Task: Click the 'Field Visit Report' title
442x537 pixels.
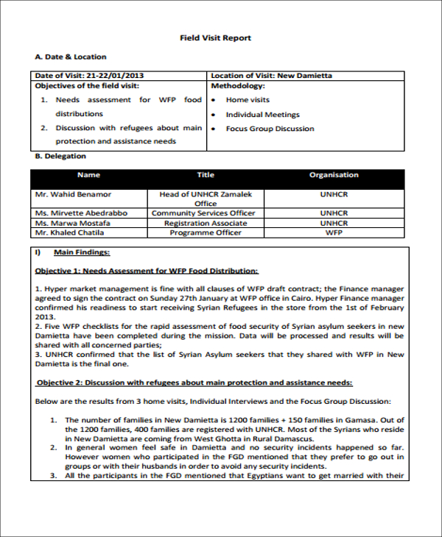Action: pyautogui.click(x=216, y=38)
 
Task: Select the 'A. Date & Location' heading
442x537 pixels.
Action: pyautogui.click(x=71, y=57)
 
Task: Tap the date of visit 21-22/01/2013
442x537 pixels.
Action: pyautogui.click(x=89, y=76)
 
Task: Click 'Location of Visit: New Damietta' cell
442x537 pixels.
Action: pyautogui.click(x=271, y=76)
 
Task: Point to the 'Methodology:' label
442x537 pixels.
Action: pyautogui.click(x=237, y=85)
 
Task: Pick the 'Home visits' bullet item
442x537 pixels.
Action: pyautogui.click(x=248, y=100)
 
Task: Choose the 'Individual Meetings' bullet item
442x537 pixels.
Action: pyautogui.click(x=262, y=115)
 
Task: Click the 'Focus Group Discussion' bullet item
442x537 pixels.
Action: pyautogui.click(x=270, y=129)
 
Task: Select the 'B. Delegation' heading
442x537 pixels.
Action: pyautogui.click(x=60, y=156)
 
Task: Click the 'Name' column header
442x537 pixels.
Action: pyautogui.click(x=88, y=175)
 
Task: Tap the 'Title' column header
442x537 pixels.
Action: pyautogui.click(x=206, y=175)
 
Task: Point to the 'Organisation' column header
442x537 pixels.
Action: pyautogui.click(x=334, y=175)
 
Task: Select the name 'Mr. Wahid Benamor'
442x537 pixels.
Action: pyautogui.click(x=73, y=194)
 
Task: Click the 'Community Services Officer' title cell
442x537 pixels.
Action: pyautogui.click(x=203, y=213)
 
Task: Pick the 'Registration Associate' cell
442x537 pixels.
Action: pyautogui.click(x=206, y=223)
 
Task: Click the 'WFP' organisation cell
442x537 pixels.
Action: pyautogui.click(x=334, y=232)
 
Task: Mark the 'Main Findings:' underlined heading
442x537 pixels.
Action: pyautogui.click(x=82, y=252)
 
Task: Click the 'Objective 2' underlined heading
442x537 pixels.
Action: pyautogui.click(x=194, y=383)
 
